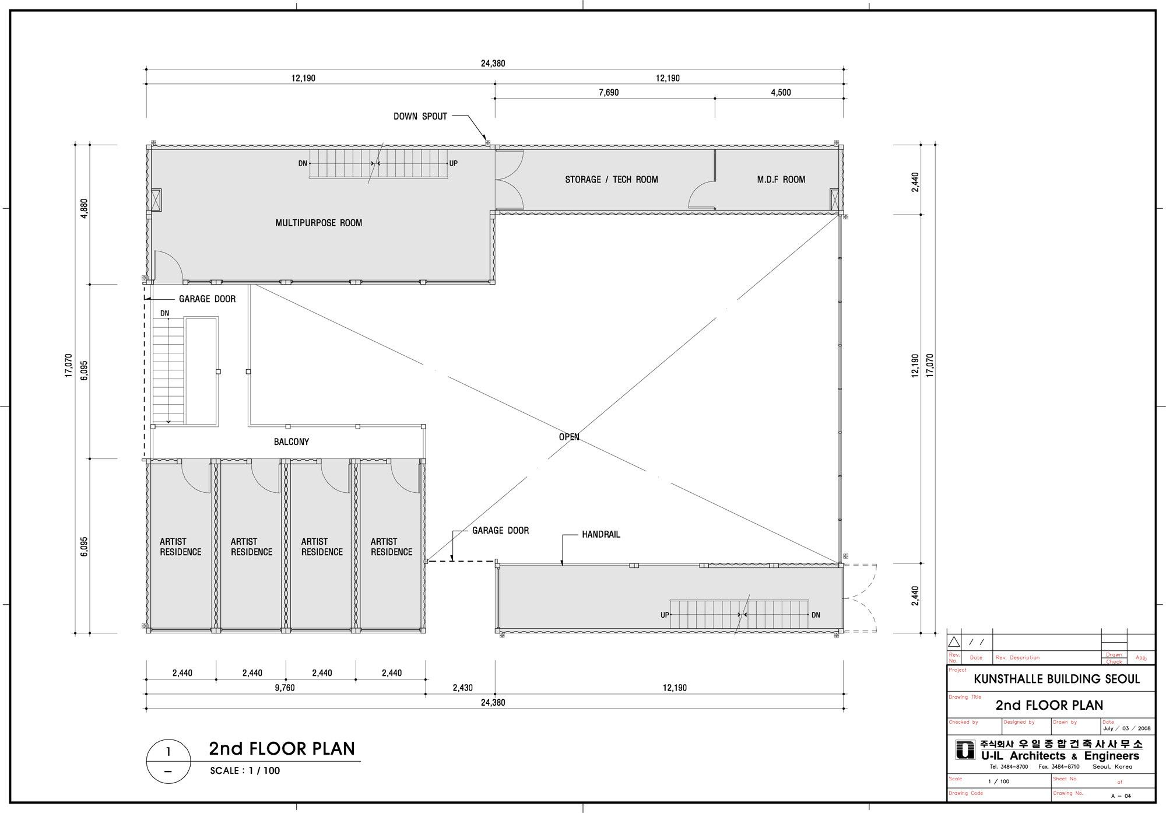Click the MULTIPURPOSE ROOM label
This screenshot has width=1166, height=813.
318,223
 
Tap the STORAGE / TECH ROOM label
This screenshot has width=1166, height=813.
611,180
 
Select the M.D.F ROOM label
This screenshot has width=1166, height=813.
781,180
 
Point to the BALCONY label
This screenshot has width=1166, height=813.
291,442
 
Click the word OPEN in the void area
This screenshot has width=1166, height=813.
569,437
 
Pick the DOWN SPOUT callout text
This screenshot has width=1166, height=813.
420,117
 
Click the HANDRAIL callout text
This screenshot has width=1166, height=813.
601,534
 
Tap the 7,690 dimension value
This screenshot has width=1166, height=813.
608,93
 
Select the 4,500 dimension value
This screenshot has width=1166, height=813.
781,93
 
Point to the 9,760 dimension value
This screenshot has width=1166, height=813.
285,688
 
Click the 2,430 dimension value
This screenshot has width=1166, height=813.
462,688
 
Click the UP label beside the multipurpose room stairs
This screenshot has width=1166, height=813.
454,163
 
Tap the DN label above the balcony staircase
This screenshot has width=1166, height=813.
165,313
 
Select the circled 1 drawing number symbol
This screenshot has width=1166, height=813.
168,761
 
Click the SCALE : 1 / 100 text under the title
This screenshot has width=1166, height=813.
245,770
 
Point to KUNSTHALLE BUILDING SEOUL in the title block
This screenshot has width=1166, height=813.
1056,679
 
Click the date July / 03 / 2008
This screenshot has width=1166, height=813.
1127,728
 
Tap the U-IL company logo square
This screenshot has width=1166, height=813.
965,750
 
